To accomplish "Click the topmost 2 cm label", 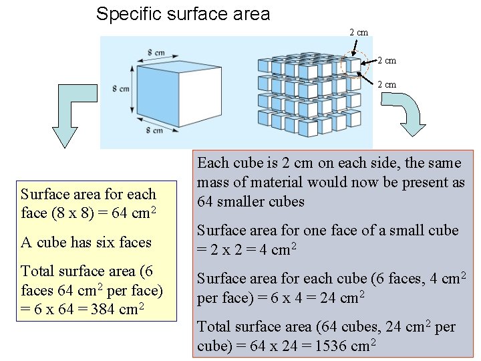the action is click(x=359, y=32).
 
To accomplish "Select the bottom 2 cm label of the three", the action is click(x=387, y=84).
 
